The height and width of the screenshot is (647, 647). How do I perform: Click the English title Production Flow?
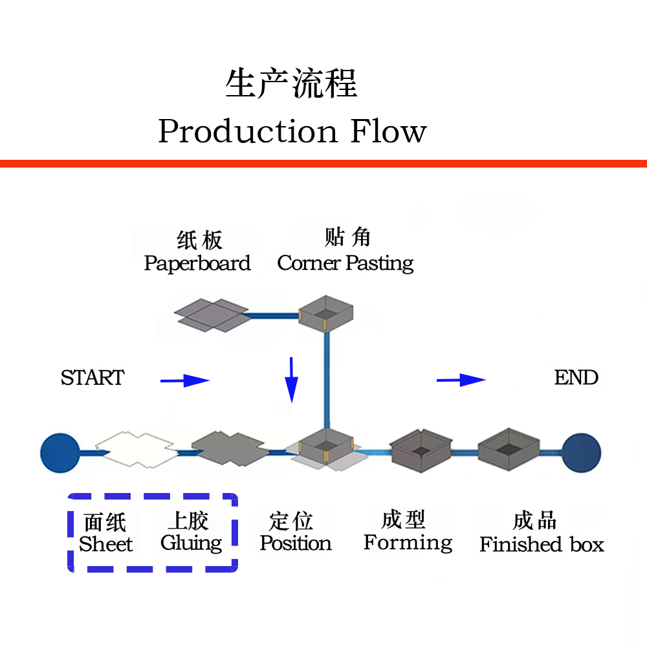click(292, 131)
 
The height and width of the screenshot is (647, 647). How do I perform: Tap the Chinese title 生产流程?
click(291, 85)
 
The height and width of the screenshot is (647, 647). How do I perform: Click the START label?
click(93, 378)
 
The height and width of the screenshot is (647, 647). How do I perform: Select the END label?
click(576, 378)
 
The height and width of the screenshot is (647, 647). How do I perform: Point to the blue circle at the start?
click(60, 451)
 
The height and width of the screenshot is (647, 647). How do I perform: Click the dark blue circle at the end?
click(581, 451)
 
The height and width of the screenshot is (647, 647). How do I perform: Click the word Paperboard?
click(197, 264)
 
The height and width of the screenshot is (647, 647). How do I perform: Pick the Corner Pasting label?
click(345, 263)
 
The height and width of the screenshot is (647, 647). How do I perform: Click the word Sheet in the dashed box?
click(105, 545)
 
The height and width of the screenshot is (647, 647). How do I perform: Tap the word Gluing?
click(192, 543)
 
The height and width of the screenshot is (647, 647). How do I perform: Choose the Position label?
click(296, 543)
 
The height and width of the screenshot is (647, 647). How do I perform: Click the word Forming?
click(408, 543)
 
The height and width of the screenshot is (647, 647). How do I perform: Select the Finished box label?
click(542, 545)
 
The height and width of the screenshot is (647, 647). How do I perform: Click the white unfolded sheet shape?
click(136, 450)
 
